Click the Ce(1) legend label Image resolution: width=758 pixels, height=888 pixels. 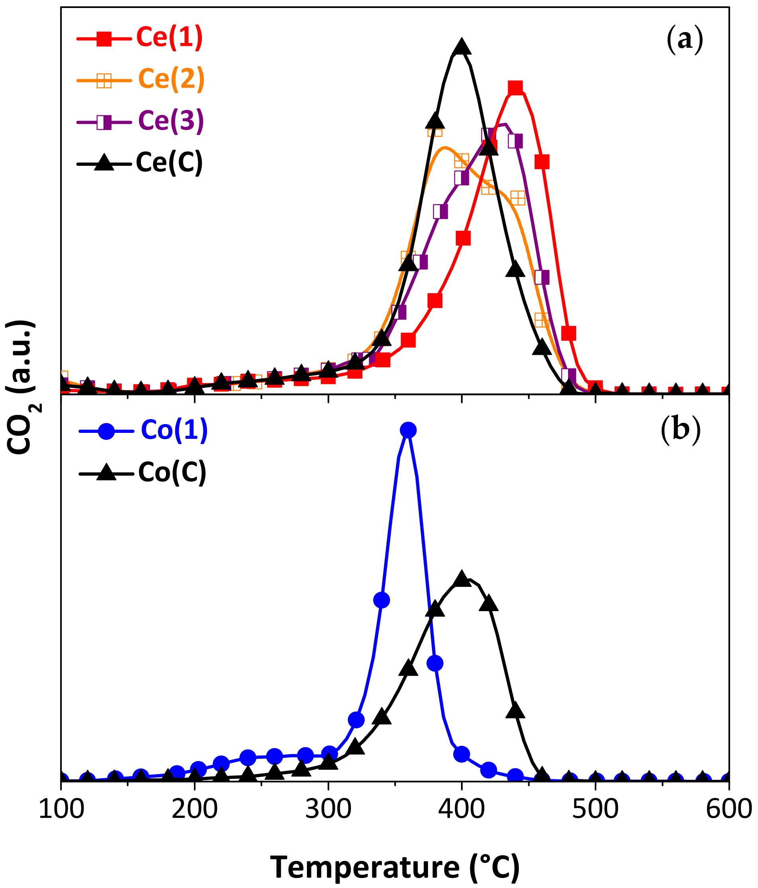[x=169, y=38]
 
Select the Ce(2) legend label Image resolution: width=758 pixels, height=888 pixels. [x=171, y=79]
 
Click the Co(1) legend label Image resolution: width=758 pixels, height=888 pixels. [x=174, y=430]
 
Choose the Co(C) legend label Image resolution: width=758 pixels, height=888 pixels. [x=172, y=473]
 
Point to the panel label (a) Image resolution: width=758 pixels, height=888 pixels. [x=685, y=39]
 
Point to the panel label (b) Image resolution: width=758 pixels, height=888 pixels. [x=680, y=430]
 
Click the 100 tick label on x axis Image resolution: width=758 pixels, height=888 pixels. [x=61, y=810]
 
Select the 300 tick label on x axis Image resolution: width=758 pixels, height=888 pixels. [x=328, y=810]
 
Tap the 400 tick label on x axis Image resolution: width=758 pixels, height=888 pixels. [x=462, y=810]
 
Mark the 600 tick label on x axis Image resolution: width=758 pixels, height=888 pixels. [x=729, y=810]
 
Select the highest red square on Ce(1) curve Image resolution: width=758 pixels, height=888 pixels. [x=515, y=88]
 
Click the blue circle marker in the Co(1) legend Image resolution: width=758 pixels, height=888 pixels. [x=106, y=430]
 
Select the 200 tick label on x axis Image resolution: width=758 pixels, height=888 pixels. [x=194, y=810]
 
